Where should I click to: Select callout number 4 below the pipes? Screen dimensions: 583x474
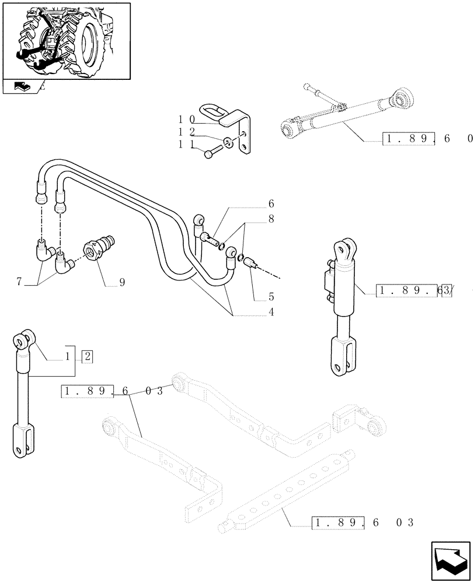click(x=270, y=312)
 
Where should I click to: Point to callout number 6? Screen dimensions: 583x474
click(x=270, y=204)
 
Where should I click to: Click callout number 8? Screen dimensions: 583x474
click(x=270, y=219)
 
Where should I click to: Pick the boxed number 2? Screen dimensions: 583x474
click(x=87, y=356)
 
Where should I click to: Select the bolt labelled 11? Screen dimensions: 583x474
click(x=211, y=153)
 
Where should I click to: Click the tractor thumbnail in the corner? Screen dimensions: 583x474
click(x=66, y=40)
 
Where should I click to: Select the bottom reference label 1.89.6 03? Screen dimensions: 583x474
click(x=362, y=522)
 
